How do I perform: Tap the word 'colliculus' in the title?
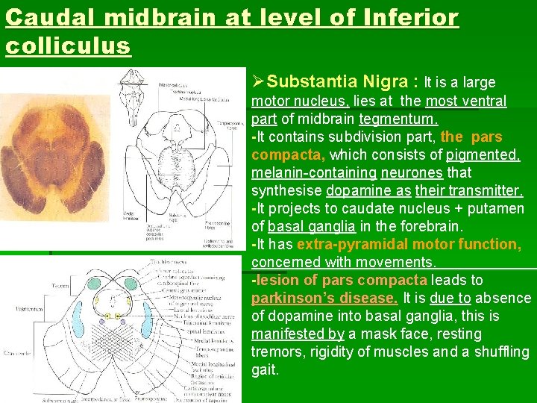click(68, 46)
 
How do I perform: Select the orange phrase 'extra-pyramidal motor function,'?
click(409, 245)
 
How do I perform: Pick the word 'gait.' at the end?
click(265, 370)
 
